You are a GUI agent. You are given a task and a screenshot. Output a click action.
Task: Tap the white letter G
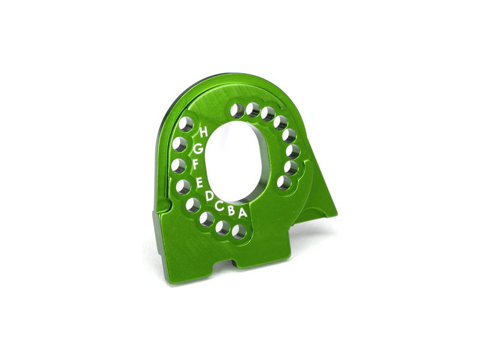click(x=199, y=149)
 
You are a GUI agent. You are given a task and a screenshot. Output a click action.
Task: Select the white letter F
click(x=196, y=166)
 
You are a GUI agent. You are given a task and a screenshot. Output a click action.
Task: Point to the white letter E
click(x=199, y=182)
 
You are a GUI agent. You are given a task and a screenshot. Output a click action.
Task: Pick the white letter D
click(x=209, y=196)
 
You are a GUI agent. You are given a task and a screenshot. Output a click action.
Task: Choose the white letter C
click(x=219, y=206)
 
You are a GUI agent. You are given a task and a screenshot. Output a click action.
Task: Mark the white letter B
click(x=231, y=211)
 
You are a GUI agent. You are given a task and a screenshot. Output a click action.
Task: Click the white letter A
click(x=242, y=213)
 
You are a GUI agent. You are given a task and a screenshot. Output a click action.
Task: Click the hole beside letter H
click(x=186, y=125)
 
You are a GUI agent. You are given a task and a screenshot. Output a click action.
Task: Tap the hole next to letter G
click(x=180, y=144)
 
